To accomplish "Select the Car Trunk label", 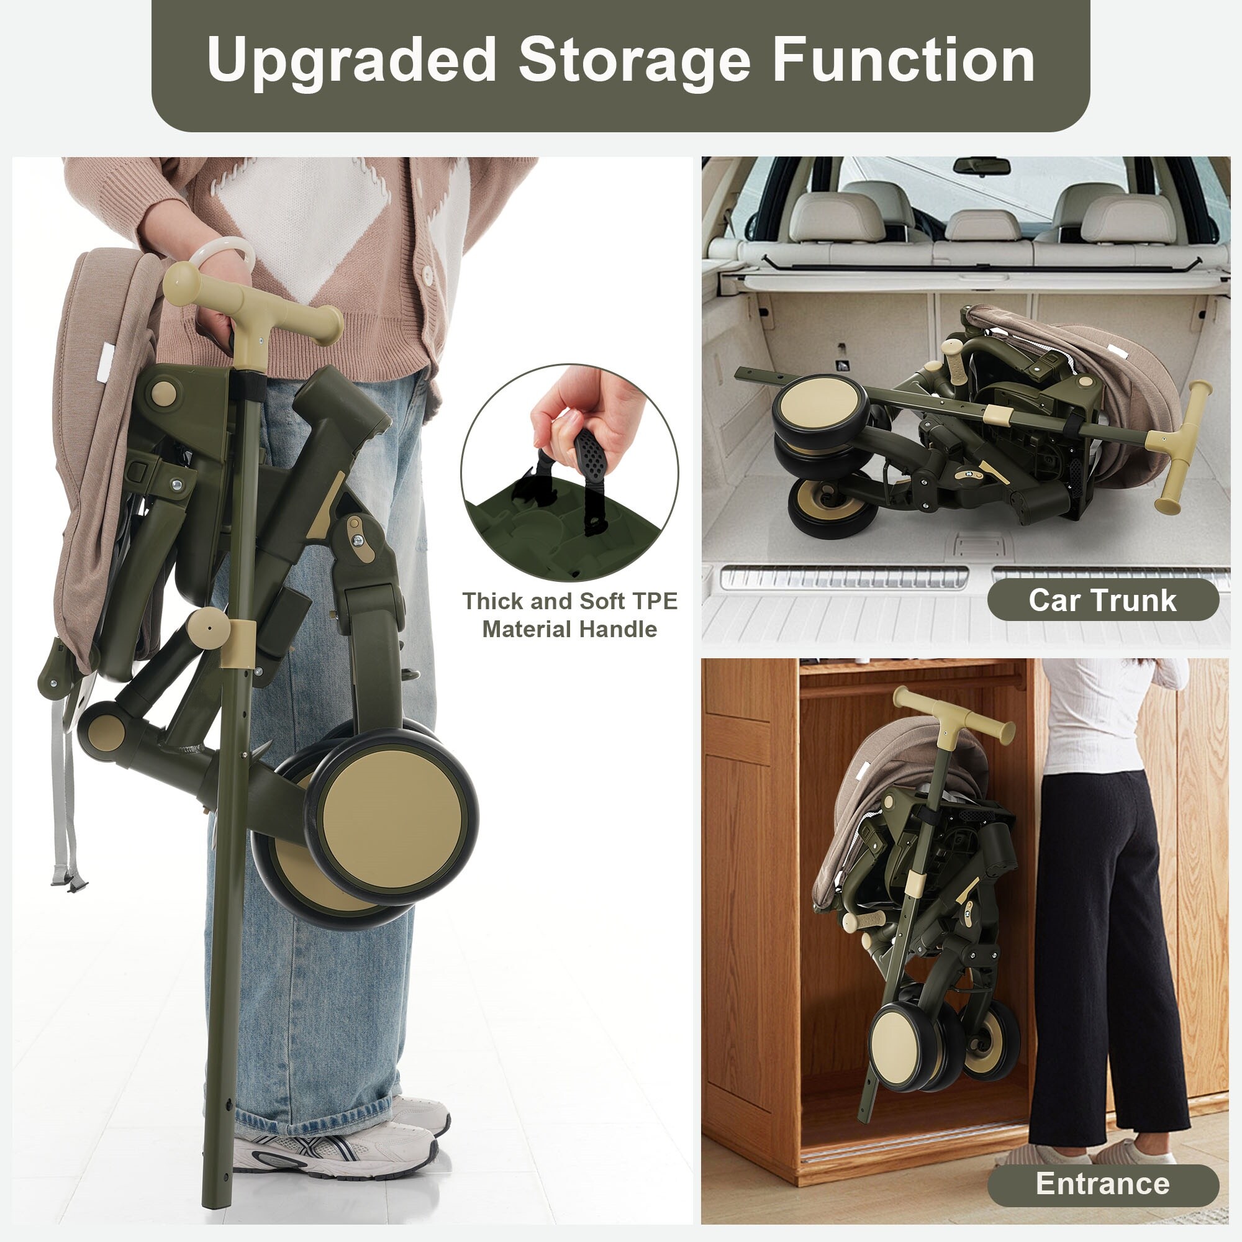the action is pyautogui.click(x=1102, y=600).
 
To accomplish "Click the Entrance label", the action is pyautogui.click(x=1102, y=1184).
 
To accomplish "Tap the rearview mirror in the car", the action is pyautogui.click(x=981, y=166).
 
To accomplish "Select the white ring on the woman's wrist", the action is pyautogui.click(x=222, y=255).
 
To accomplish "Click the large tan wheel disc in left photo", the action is pyautogui.click(x=391, y=816).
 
